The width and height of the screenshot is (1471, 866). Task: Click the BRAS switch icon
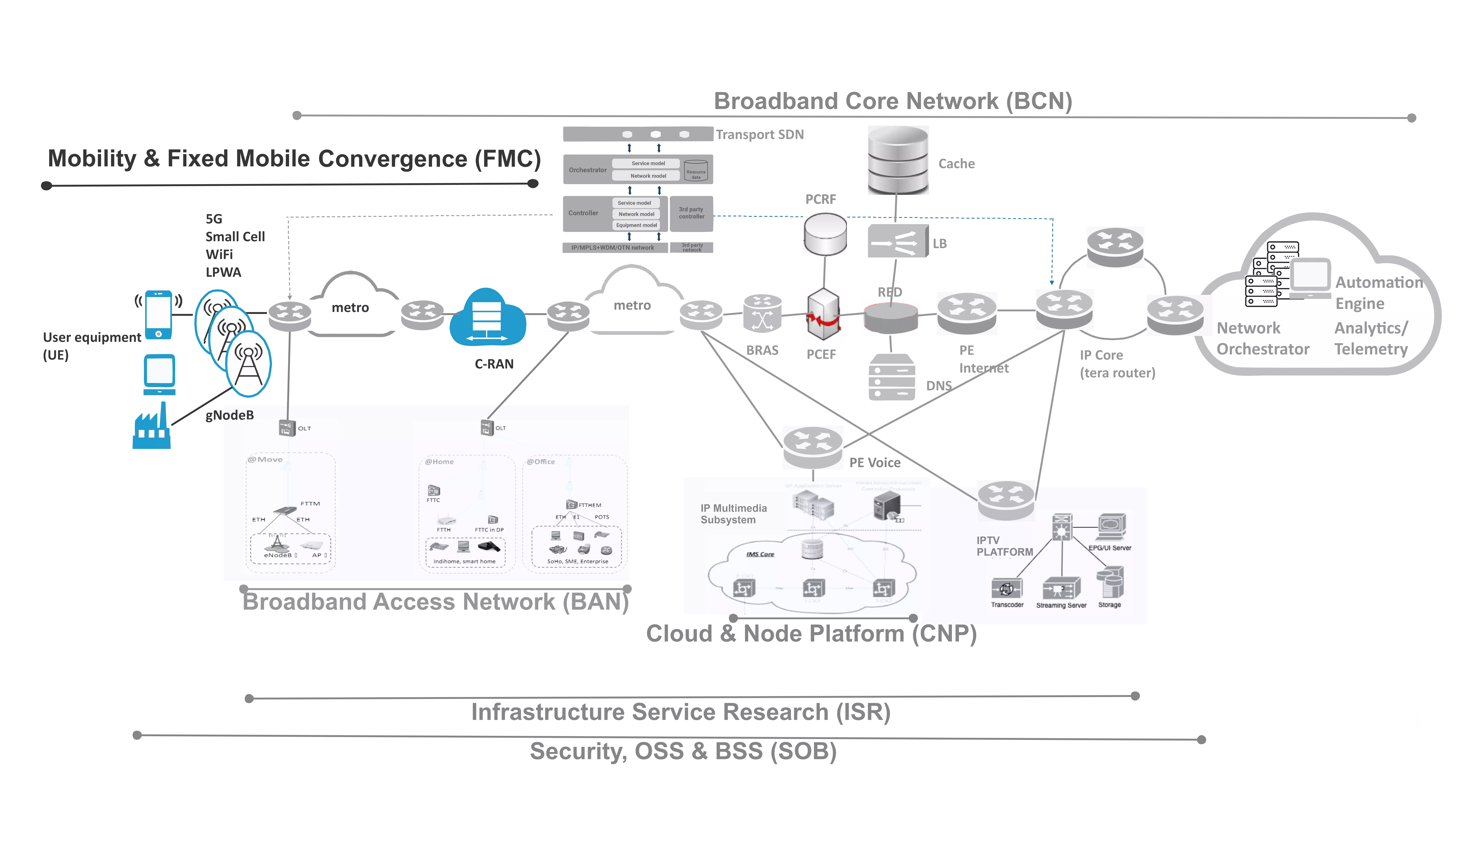click(762, 314)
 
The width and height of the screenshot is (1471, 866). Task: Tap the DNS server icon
click(891, 377)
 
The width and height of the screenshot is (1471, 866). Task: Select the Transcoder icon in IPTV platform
click(1006, 588)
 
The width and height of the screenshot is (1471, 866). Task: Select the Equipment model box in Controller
click(636, 225)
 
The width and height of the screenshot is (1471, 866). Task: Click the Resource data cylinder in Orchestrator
click(696, 170)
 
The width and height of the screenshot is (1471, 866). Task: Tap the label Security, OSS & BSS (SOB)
click(683, 752)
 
